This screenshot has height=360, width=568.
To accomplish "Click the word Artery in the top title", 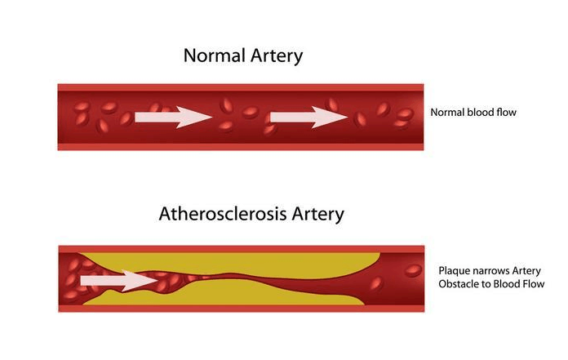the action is coord(274,56).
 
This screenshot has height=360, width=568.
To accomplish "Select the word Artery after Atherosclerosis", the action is coord(316,215).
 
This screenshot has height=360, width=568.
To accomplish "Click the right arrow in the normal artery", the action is coord(309,118).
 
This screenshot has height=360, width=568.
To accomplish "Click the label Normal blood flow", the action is coord(473,113).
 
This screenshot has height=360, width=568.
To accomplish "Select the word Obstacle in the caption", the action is coord(459,284).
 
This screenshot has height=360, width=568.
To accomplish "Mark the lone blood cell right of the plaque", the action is coord(376,283).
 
